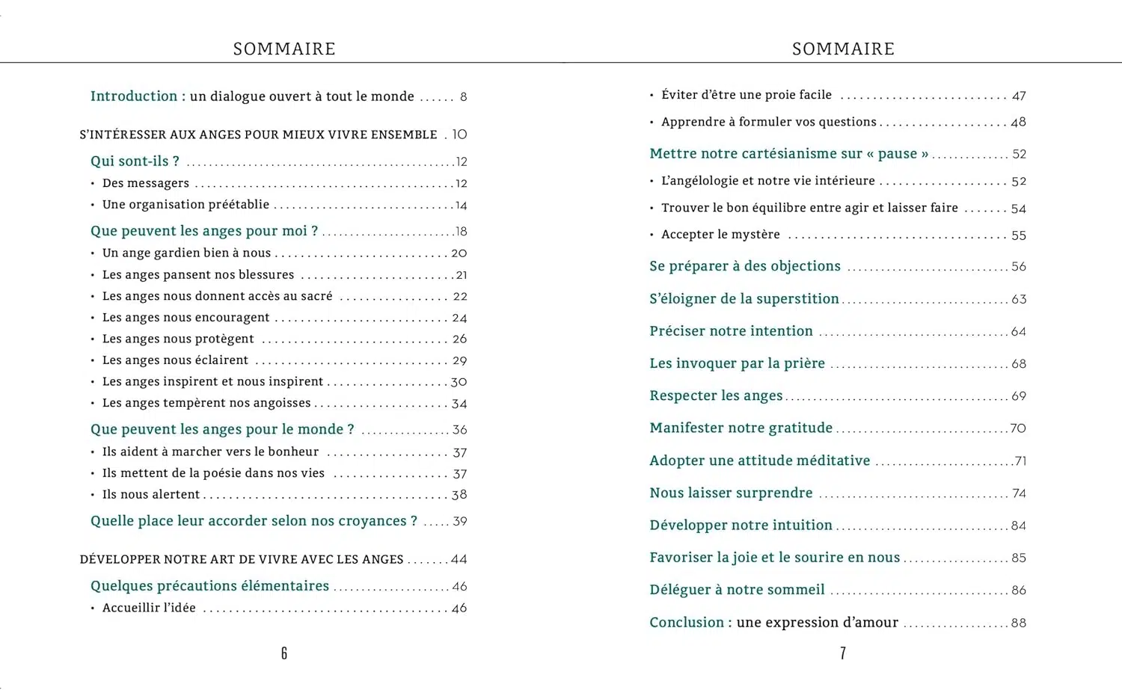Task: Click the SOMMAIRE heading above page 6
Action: (284, 49)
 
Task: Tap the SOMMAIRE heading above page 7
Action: (843, 49)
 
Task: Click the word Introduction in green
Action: (134, 96)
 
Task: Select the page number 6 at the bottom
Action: (284, 653)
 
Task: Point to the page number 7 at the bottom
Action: (843, 653)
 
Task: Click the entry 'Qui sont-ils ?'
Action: (135, 161)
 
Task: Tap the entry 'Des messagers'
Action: (146, 183)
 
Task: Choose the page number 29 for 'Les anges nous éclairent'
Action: (459, 361)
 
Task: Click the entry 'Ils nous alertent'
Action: (151, 495)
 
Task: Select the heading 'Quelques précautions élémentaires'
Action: (209, 586)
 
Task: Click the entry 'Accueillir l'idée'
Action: (149, 608)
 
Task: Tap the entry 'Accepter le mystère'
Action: (720, 235)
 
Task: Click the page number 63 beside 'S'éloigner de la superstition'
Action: (1019, 300)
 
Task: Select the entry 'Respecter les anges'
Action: (716, 395)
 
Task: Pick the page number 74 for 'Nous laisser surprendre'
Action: (1019, 493)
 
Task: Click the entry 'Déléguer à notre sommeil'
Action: (737, 590)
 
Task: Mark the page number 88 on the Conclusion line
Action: (1019, 623)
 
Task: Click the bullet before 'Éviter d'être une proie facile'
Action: (652, 96)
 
